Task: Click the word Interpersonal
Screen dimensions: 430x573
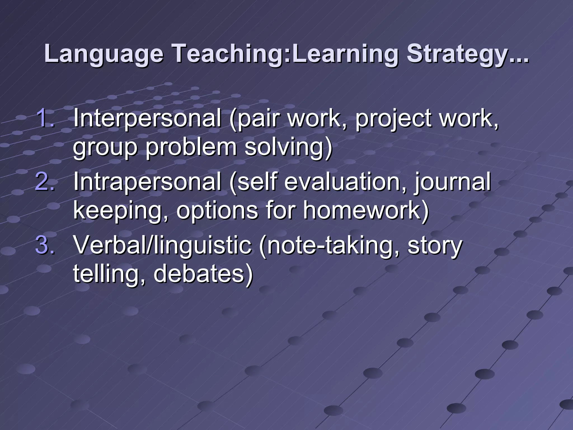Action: coord(147,118)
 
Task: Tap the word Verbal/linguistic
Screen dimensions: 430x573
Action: coord(162,246)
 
